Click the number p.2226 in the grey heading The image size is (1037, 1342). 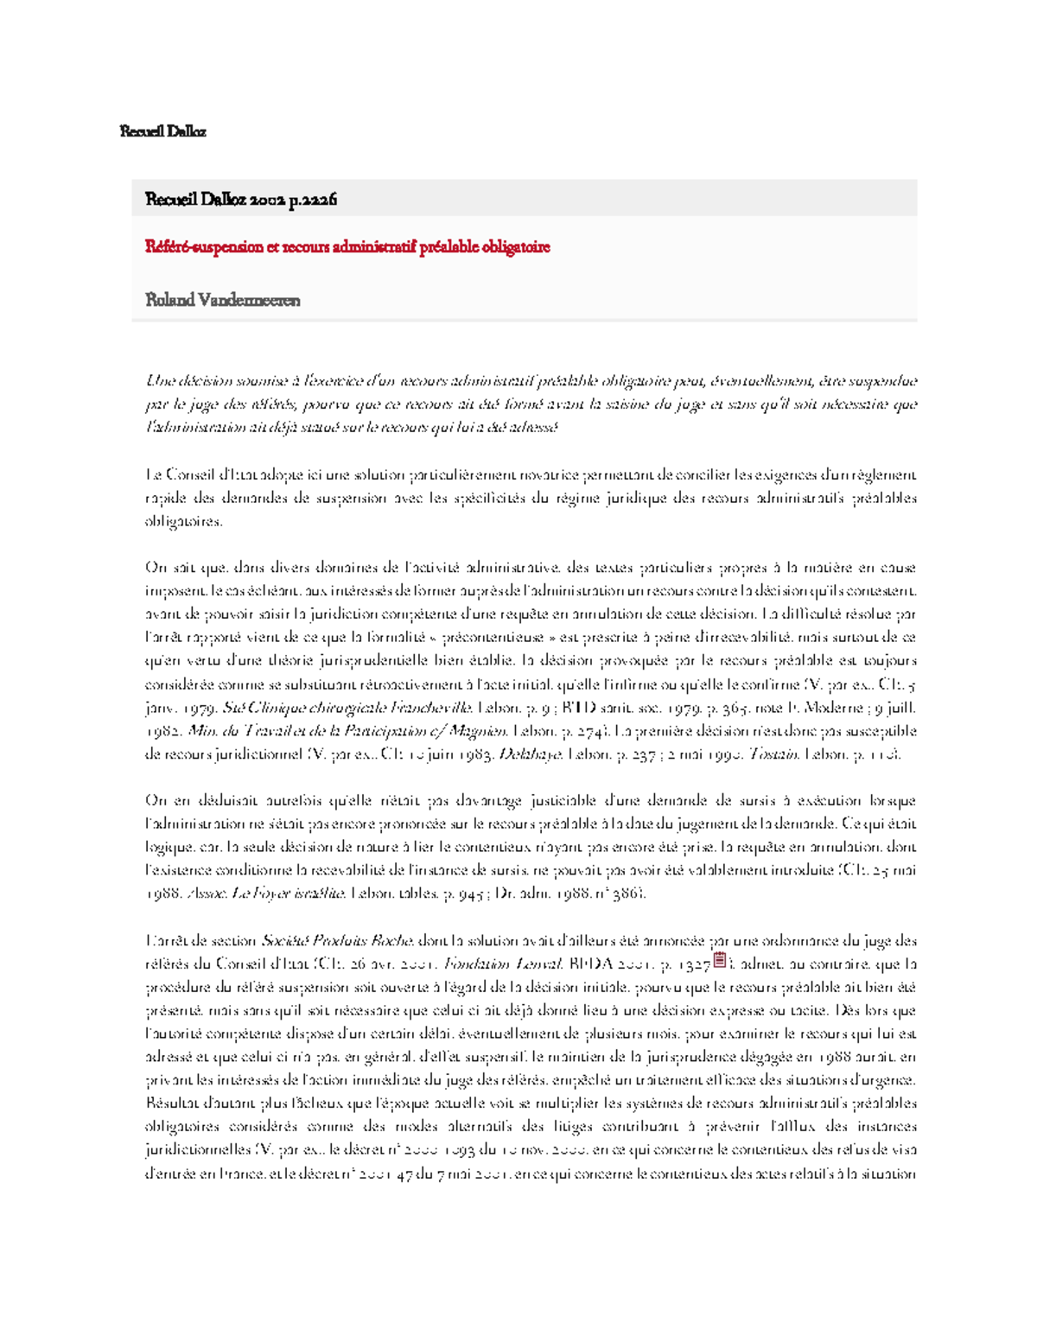[313, 200]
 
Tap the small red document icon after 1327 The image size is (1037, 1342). [719, 959]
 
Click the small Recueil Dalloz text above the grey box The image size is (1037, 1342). [162, 131]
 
